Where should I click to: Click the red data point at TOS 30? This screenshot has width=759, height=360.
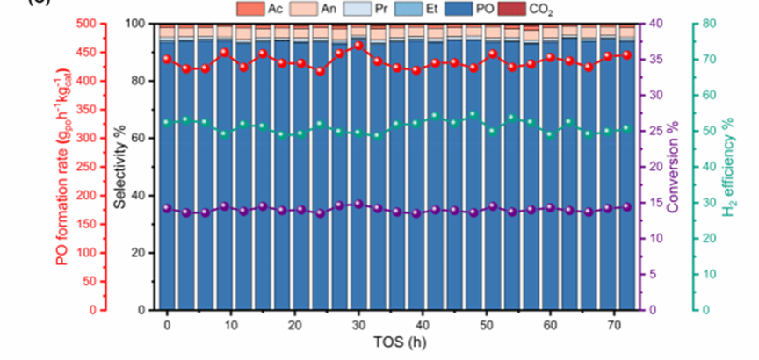[x=358, y=45]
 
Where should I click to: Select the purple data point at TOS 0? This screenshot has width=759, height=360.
[x=167, y=208]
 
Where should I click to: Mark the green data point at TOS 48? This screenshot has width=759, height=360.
[x=473, y=114]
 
